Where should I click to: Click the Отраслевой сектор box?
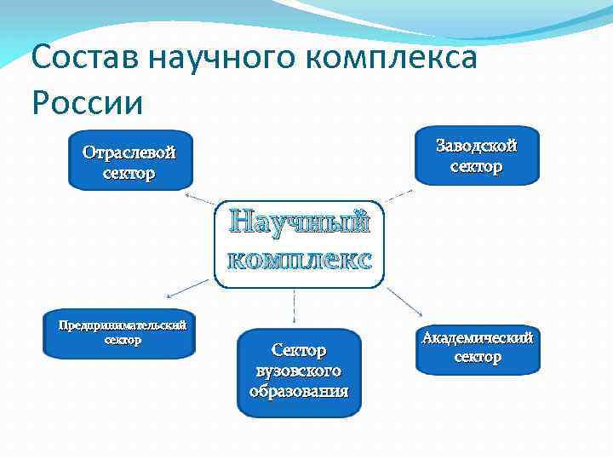129,159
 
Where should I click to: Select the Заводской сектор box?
477,156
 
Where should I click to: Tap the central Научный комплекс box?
300,244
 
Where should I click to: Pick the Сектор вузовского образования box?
299,373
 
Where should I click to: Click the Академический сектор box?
478,348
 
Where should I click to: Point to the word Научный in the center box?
300,222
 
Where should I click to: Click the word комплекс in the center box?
300,259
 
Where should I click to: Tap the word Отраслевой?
129,152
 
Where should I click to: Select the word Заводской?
477,146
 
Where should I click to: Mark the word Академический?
478,338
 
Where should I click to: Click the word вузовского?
299,371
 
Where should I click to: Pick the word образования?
299,391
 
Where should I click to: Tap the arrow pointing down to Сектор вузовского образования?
295,307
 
